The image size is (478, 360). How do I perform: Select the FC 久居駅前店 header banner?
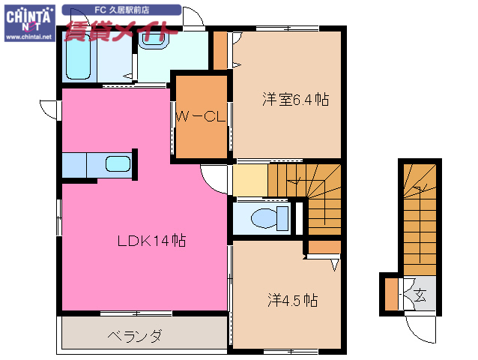click(121, 10)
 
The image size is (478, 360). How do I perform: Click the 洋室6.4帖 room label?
click(296, 99)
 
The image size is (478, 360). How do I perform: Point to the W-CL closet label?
click(201, 117)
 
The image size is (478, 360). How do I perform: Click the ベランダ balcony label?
click(134, 335)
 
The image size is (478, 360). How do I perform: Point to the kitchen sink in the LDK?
click(117, 164)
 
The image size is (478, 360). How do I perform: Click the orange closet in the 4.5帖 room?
click(324, 247)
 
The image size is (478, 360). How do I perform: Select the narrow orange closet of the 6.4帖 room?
click(221, 51)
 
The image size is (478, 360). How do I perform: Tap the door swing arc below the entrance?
click(416, 327)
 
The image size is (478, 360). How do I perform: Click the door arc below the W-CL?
click(213, 178)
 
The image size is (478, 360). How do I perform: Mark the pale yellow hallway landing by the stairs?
click(250, 180)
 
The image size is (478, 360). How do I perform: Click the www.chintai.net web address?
click(28, 36)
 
